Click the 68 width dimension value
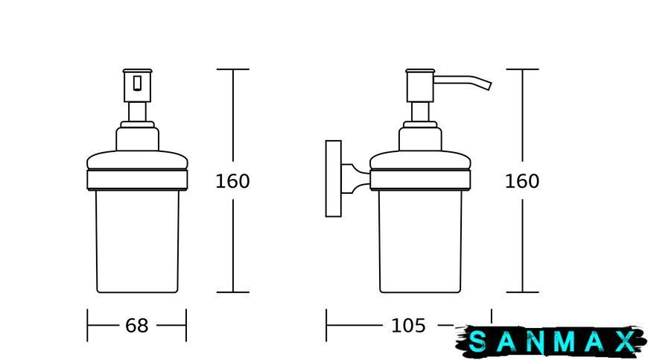click(x=137, y=326)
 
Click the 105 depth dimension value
click(x=408, y=326)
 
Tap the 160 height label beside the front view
click(x=232, y=181)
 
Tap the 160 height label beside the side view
click(x=522, y=181)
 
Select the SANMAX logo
click(x=551, y=341)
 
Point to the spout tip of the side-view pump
click(x=489, y=86)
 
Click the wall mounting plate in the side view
click(x=334, y=179)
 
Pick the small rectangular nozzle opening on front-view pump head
click(x=137, y=82)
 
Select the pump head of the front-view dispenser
click(x=137, y=86)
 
